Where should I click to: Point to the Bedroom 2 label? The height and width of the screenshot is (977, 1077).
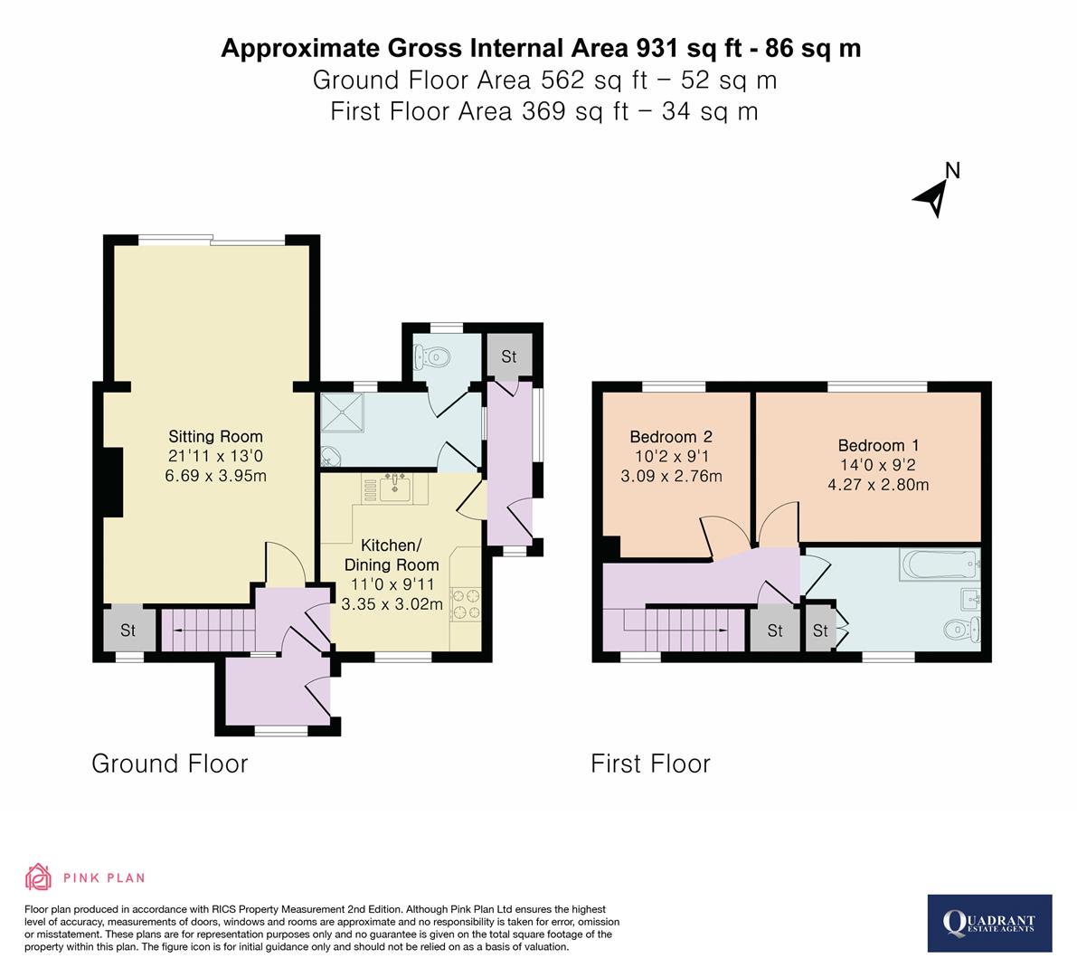[671, 436]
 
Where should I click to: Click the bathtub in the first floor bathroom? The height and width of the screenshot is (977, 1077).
[939, 566]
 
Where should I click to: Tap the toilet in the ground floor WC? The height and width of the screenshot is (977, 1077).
[432, 358]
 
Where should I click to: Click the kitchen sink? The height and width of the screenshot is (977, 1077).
[395, 489]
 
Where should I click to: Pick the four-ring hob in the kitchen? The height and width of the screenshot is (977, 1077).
[465, 604]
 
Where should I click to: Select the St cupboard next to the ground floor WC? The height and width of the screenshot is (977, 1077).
[508, 356]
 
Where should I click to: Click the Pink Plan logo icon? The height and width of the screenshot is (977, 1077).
[38, 877]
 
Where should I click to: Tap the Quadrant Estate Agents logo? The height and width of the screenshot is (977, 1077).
[989, 923]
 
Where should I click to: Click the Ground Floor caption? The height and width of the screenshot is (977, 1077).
[169, 764]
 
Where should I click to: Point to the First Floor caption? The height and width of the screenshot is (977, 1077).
[650, 764]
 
